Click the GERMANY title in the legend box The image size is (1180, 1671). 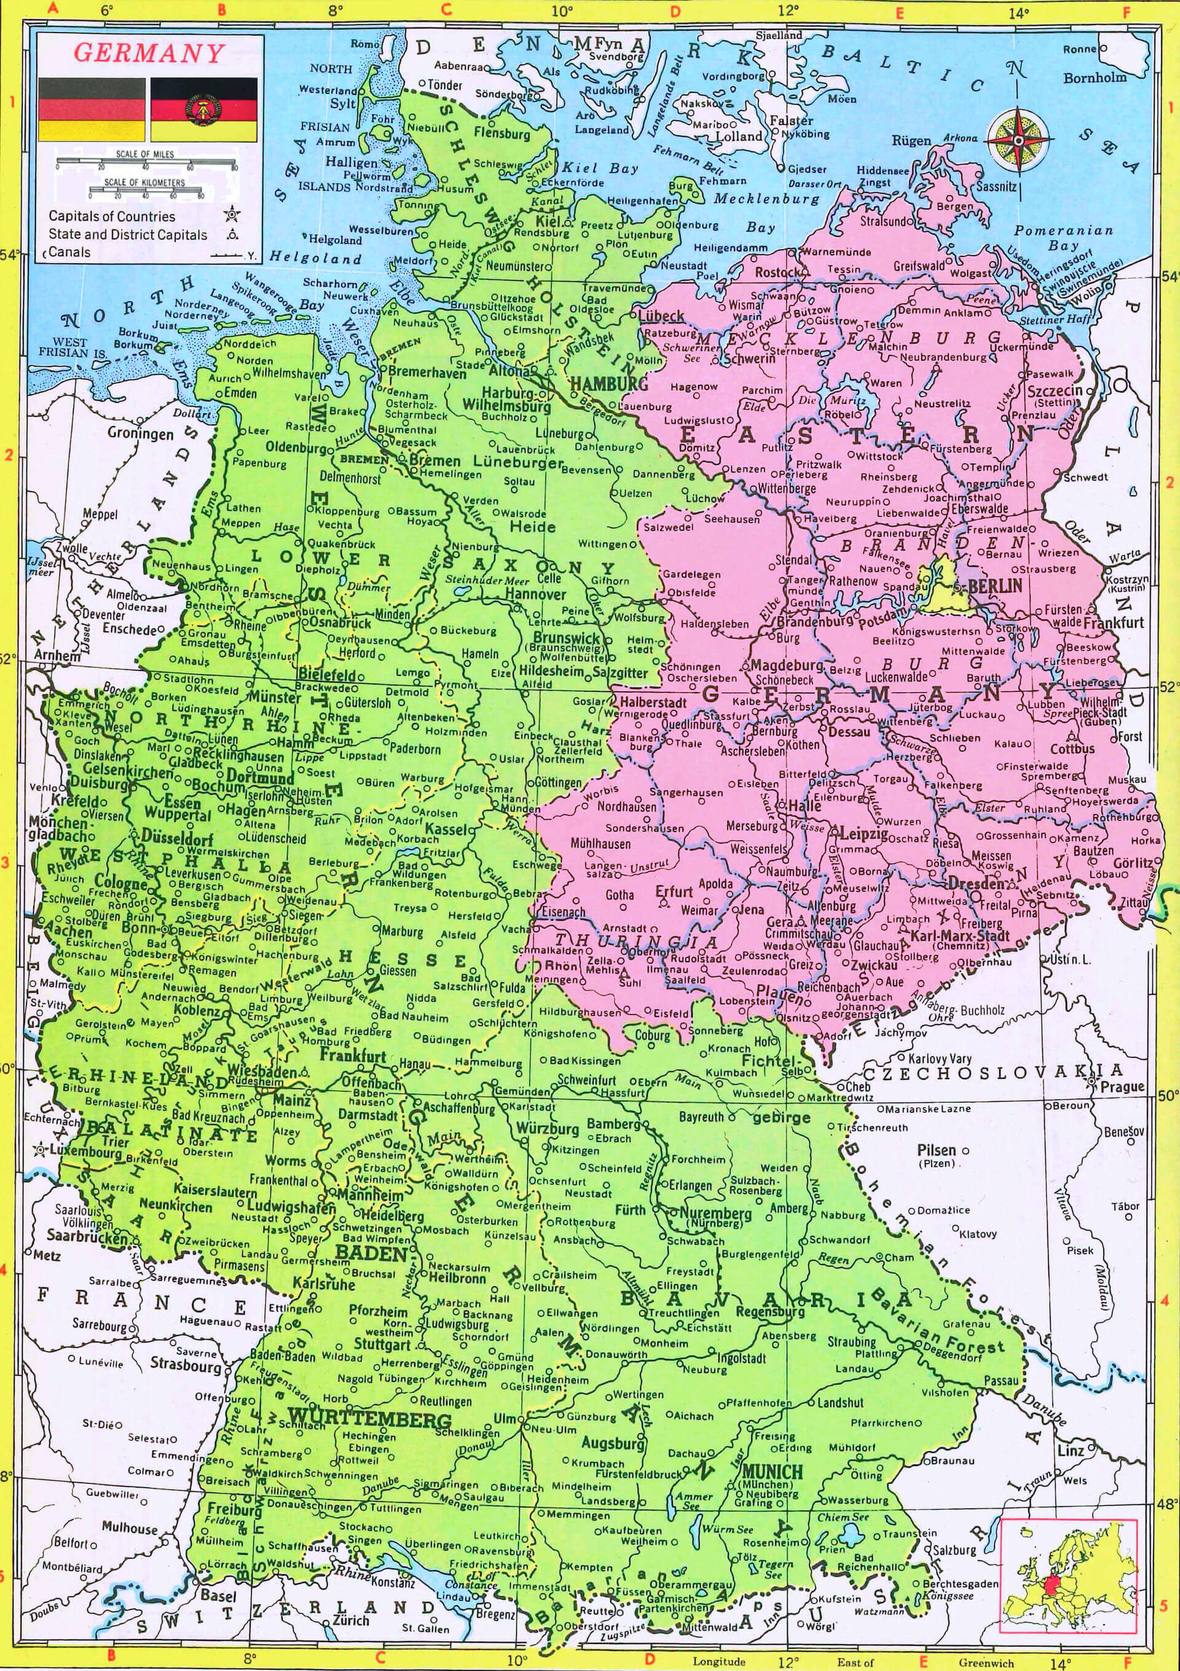pos(149,53)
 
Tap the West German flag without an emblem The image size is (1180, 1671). pos(92,110)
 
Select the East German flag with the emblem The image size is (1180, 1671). pos(203,110)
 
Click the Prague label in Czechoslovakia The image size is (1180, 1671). pos(1122,1087)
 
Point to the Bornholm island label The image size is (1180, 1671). pos(1094,77)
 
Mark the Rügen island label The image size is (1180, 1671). pos(911,140)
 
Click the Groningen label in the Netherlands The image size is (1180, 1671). pos(140,433)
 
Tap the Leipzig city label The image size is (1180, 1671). pos(864,833)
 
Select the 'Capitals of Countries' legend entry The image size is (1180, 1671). pos(112,216)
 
